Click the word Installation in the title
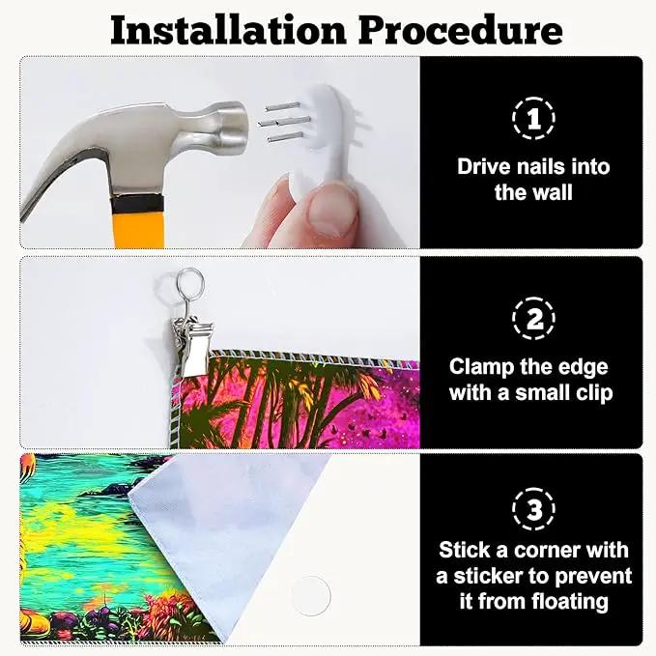[228, 30]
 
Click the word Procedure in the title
[461, 31]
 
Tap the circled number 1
[533, 119]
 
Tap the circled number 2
[533, 319]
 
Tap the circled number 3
[533, 509]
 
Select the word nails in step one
[541, 166]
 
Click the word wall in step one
[552, 192]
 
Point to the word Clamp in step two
[481, 368]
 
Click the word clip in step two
[595, 393]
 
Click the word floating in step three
[571, 603]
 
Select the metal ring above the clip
[190, 281]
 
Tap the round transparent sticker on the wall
[311, 596]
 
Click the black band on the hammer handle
[136, 205]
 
